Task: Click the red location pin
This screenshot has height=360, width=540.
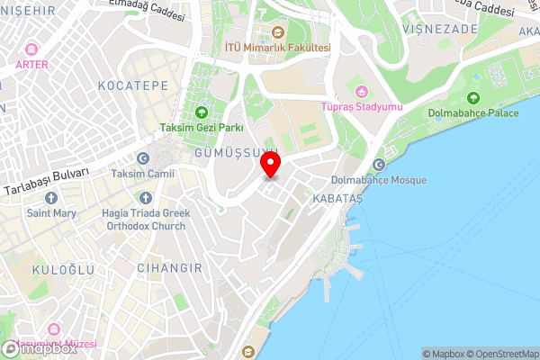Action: click(271, 166)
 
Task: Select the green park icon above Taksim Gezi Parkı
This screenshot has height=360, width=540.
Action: click(201, 112)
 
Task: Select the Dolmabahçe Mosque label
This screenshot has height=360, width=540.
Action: click(384, 180)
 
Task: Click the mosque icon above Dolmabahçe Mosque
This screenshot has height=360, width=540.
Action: click(379, 165)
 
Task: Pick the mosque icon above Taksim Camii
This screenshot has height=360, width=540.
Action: click(142, 157)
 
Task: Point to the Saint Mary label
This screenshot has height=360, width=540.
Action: click(51, 213)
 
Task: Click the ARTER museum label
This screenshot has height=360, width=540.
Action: click(32, 64)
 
